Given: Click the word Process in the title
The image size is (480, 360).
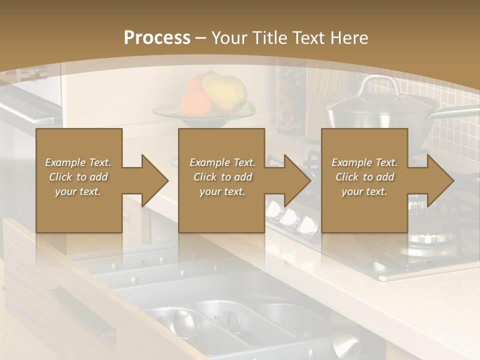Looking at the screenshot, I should click(x=157, y=37).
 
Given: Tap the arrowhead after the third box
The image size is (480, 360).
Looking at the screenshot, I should click(x=439, y=180).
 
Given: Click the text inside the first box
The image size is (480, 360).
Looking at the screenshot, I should click(x=78, y=177).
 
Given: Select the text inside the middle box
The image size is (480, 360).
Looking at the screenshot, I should click(x=222, y=177).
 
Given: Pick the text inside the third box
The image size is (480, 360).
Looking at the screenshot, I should click(x=364, y=177).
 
